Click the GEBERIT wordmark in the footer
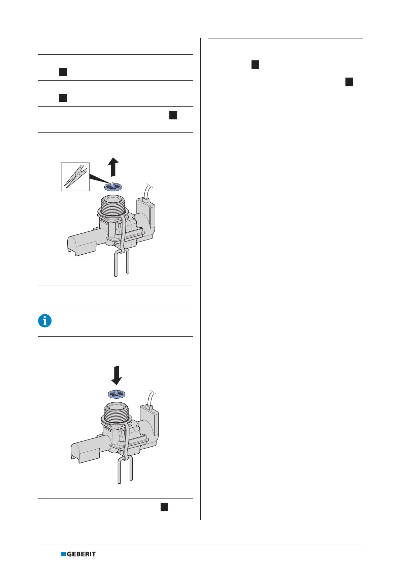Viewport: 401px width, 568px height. pos(81,554)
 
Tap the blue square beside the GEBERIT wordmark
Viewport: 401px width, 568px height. pos(63,554)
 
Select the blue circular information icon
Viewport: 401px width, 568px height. pos(45,321)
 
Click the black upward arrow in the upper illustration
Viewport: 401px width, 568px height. pos(113,166)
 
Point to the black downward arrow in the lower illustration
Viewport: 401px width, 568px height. pos(116,375)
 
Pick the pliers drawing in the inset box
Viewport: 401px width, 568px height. pos(75,177)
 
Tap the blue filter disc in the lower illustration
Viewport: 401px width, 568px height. pos(116,394)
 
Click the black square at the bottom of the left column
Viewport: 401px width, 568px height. pos(164,507)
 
